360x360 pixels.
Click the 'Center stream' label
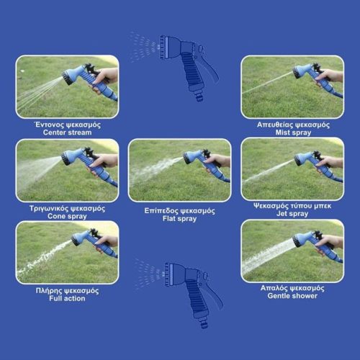67,132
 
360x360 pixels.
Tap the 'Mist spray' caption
293,132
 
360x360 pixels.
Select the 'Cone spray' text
67,216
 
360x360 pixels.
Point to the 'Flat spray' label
179,219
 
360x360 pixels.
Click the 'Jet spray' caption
292,214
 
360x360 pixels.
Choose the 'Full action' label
67,298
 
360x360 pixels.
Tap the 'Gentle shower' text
292,296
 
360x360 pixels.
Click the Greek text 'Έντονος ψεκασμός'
67,125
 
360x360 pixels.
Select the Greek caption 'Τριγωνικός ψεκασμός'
67,208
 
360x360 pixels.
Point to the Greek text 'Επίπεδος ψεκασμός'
179,211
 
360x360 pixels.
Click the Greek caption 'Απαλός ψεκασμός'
292,288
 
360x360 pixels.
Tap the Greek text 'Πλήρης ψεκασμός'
67,291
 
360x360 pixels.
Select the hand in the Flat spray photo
217,161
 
